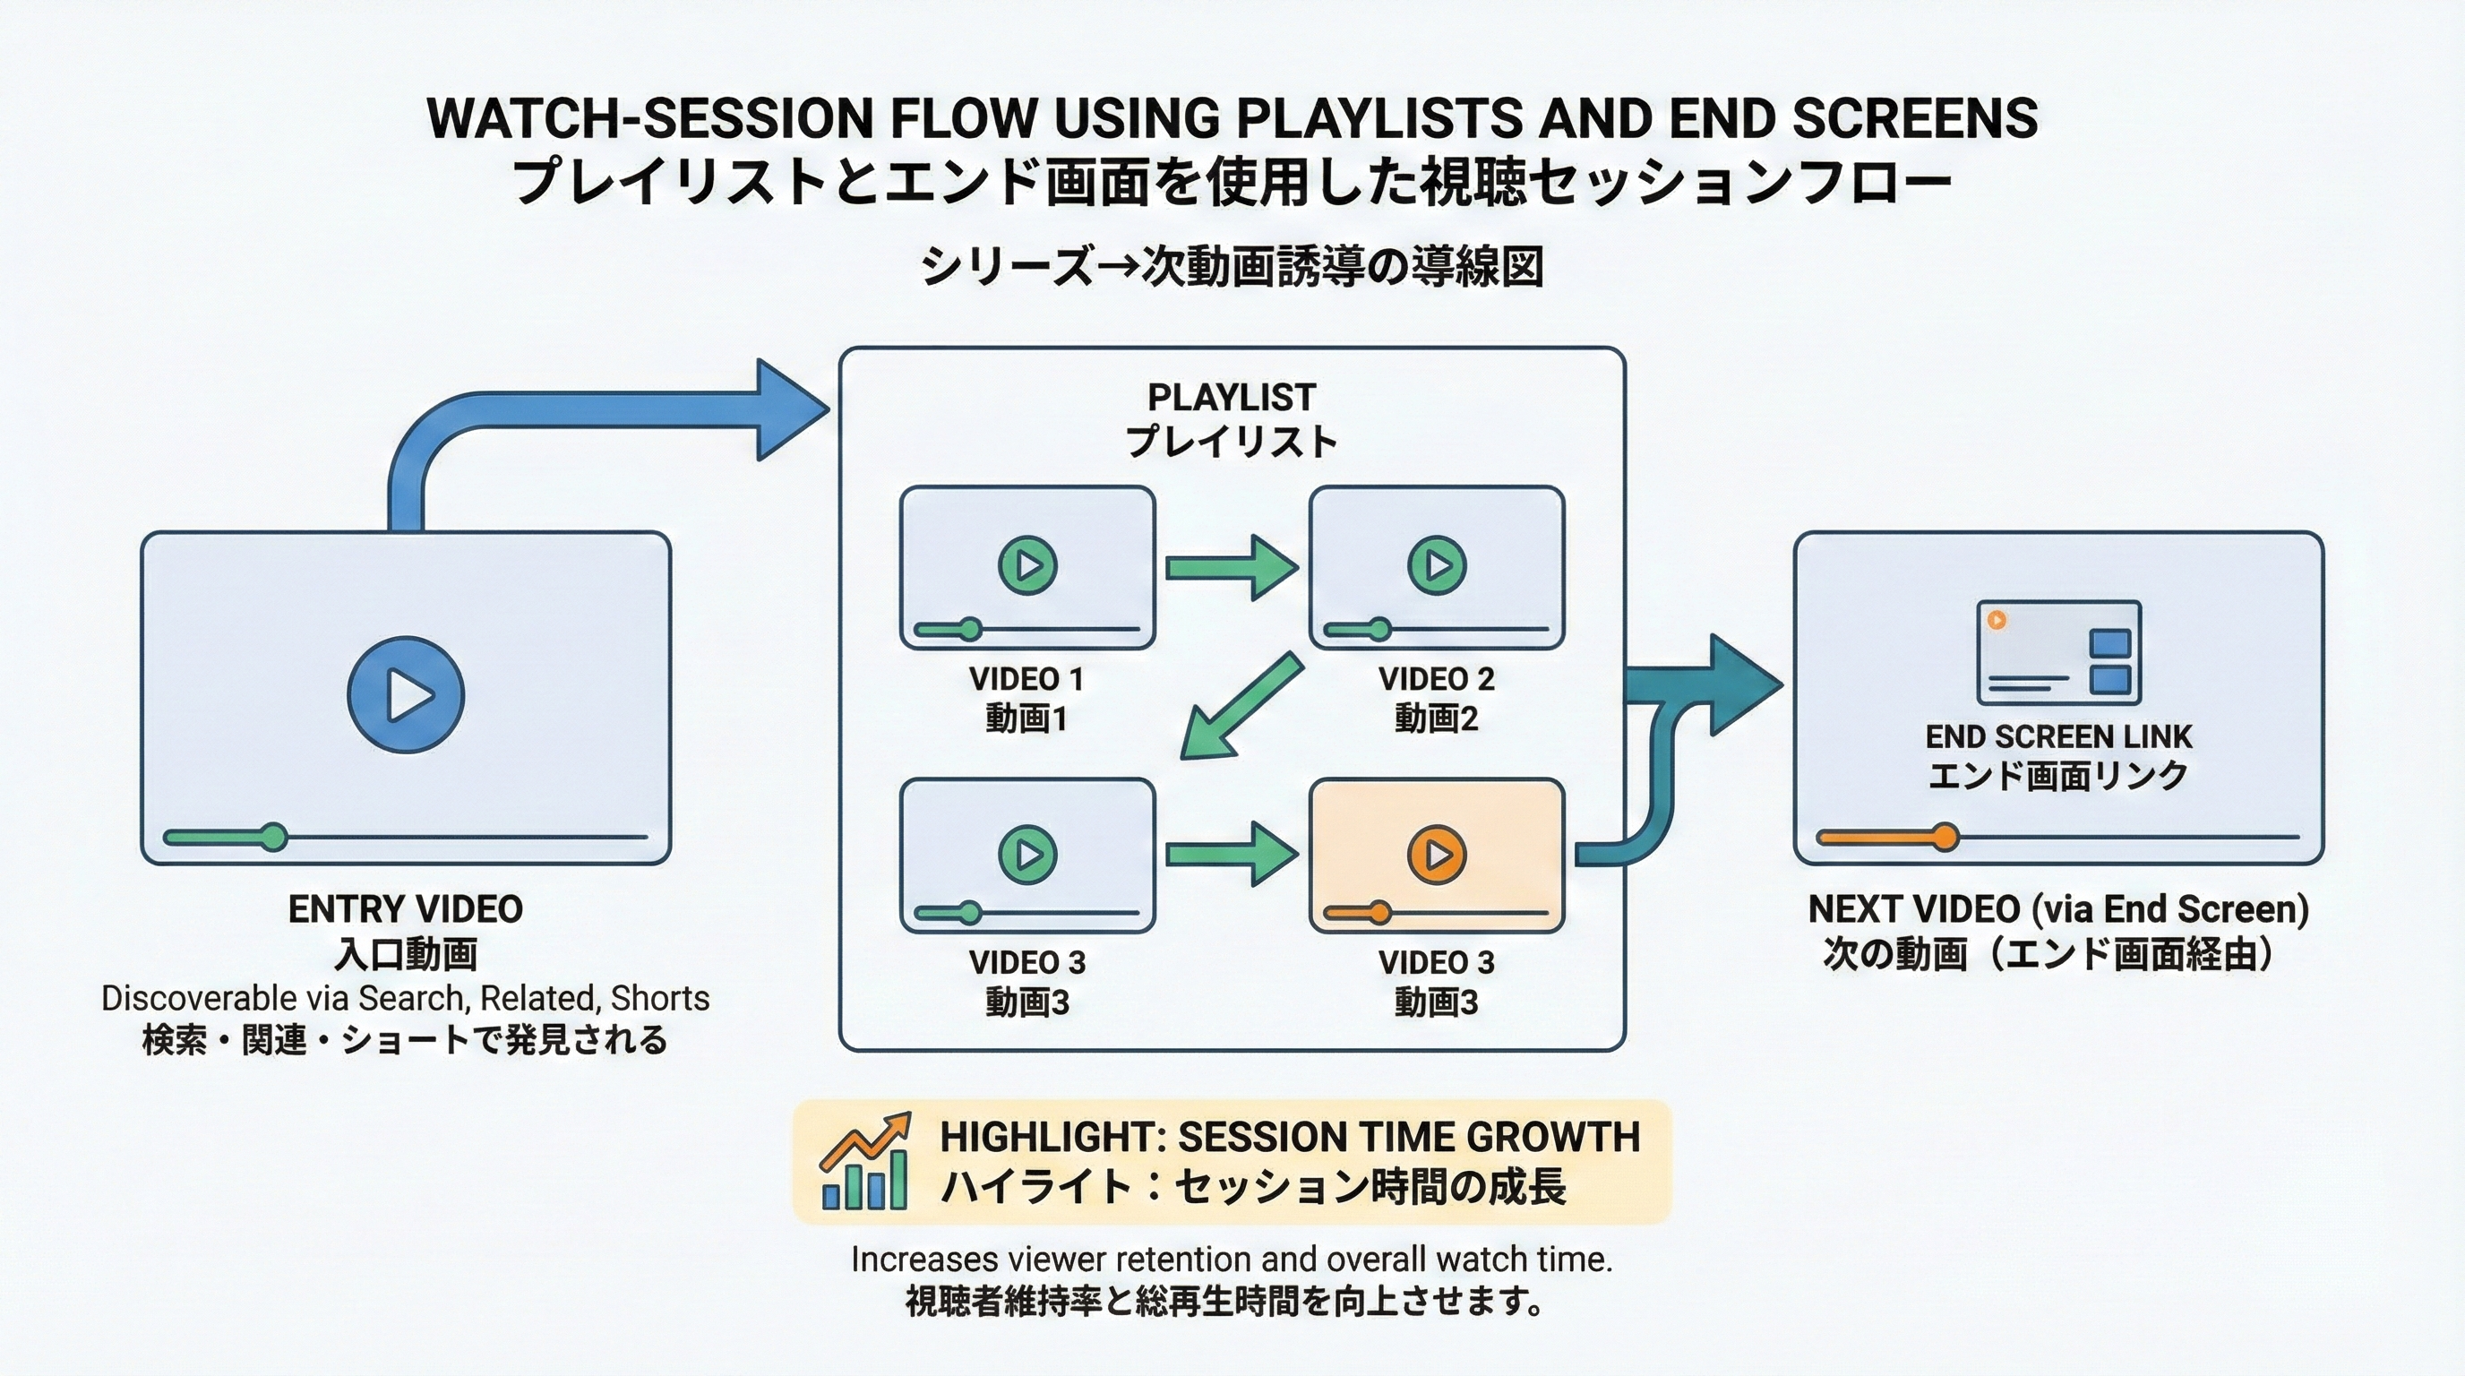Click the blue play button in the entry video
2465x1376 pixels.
[x=406, y=694]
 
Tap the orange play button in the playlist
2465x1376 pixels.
[x=1437, y=854]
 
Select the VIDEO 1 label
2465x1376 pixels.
[x=1026, y=679]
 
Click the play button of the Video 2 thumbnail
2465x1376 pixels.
[x=1437, y=565]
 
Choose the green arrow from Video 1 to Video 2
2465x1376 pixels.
[x=1231, y=568]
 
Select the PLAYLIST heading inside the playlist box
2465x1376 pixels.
[x=1231, y=397]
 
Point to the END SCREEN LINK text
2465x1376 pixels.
[x=2058, y=736]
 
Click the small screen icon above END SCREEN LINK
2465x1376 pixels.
[x=2058, y=651]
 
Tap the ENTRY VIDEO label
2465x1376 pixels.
[x=406, y=909]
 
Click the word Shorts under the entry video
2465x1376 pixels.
[x=659, y=998]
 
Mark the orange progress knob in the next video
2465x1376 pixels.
[x=1944, y=838]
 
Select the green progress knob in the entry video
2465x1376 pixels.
[x=274, y=838]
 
